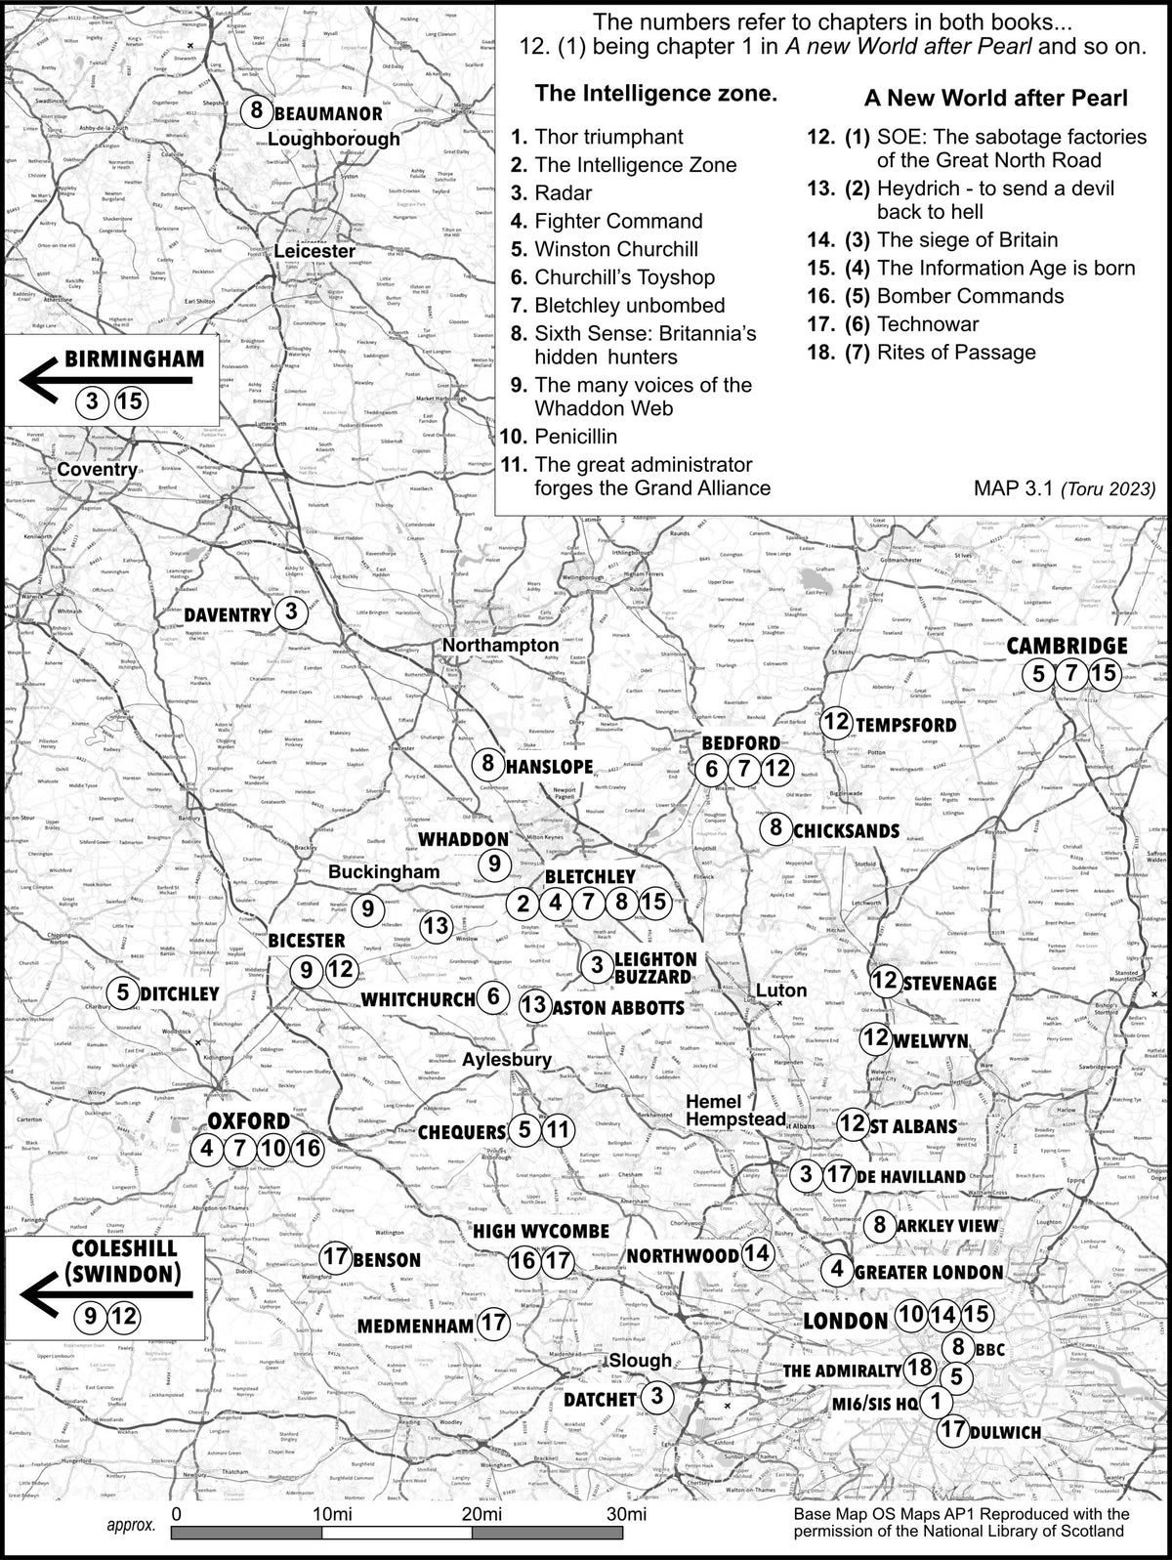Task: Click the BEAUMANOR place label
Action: tap(327, 112)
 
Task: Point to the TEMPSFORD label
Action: tap(905, 725)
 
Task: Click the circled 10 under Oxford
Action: tap(274, 1148)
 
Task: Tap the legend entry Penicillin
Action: tap(576, 436)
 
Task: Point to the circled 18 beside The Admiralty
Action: tap(919, 1368)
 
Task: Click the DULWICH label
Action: tap(1005, 1433)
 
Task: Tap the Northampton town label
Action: tap(500, 645)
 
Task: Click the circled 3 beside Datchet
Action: tap(657, 1397)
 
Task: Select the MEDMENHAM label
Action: tap(415, 1326)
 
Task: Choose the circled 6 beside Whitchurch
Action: tap(494, 997)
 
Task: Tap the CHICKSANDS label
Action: tap(846, 830)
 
